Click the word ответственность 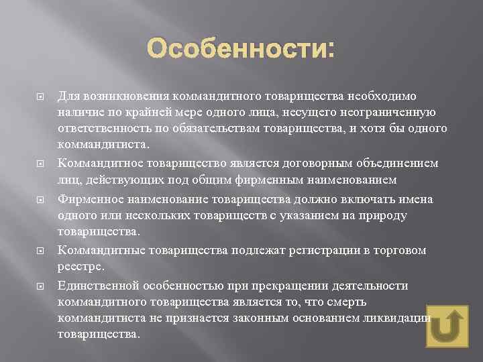[101, 127]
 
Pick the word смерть [343, 302]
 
